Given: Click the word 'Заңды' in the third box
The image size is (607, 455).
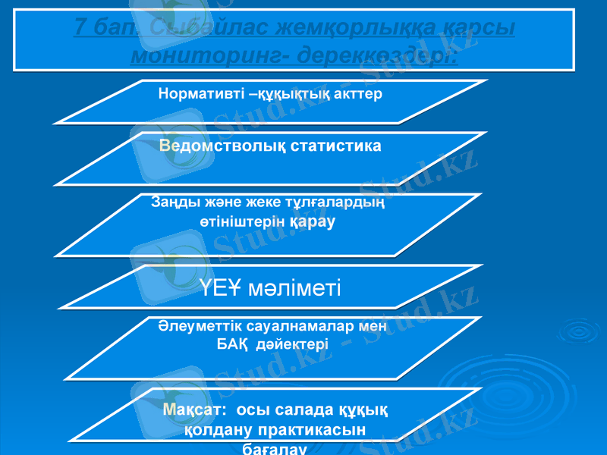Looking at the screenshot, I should click(x=171, y=202).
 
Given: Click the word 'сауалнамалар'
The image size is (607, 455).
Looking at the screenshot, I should click(x=300, y=326).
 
